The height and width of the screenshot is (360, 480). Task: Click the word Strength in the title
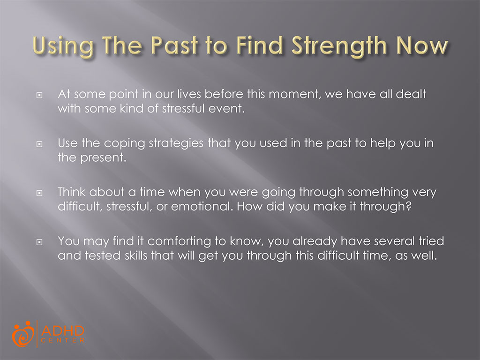pyautogui.click(x=339, y=46)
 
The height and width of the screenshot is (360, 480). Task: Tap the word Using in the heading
pyautogui.click(x=63, y=46)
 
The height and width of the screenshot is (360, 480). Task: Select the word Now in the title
pyautogui.click(x=422, y=45)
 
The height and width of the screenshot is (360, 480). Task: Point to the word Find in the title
pyautogui.click(x=259, y=45)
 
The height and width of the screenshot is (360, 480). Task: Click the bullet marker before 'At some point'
pyautogui.click(x=39, y=95)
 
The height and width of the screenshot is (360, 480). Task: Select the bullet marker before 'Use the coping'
pyautogui.click(x=39, y=144)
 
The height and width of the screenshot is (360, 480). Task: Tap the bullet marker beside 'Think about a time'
pyautogui.click(x=39, y=193)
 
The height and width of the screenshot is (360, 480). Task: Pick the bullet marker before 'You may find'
pyautogui.click(x=39, y=242)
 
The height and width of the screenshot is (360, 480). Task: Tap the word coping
pyautogui.click(x=124, y=144)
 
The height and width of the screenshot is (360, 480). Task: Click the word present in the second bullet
pyautogui.click(x=103, y=158)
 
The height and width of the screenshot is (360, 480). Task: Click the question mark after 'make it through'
pyautogui.click(x=408, y=206)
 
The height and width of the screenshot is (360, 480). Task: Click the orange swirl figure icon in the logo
pyautogui.click(x=23, y=334)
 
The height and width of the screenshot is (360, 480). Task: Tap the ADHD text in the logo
pyautogui.click(x=63, y=330)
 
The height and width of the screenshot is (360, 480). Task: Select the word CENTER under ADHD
pyautogui.click(x=63, y=340)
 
